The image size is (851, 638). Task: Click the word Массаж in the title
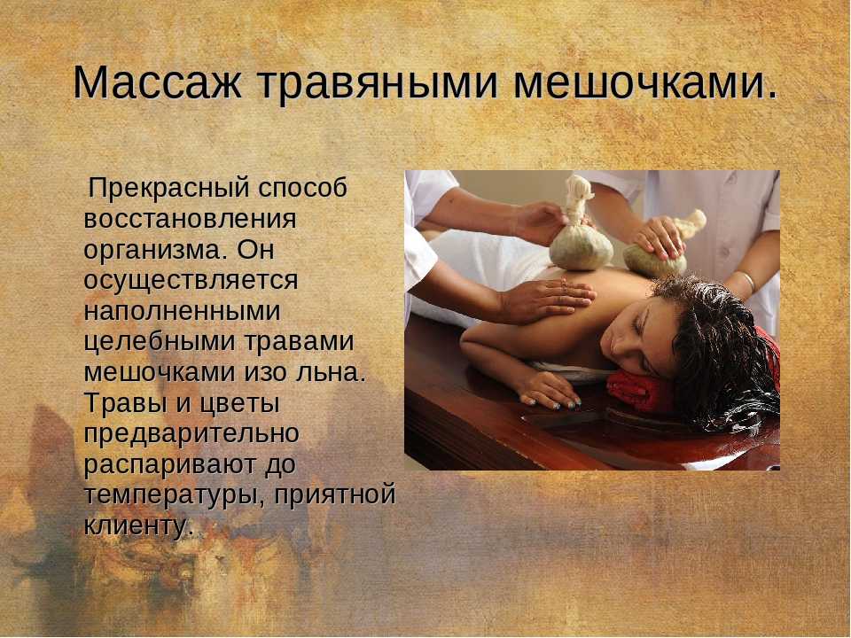pos(157,82)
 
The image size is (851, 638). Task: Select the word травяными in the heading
pos(377,83)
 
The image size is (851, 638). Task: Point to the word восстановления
pos(190,219)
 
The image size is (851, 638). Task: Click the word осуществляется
pos(191,281)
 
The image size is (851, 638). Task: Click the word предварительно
pos(191,434)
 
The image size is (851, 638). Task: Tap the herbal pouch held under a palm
pos(656,255)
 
